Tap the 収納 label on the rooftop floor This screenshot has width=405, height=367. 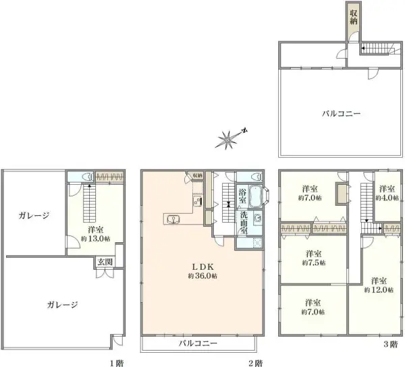coord(353,16)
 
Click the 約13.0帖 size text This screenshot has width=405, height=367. coord(92,238)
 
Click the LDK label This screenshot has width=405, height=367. coord(202,265)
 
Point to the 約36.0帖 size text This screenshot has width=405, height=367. coord(202,276)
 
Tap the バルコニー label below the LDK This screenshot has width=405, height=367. coord(198,343)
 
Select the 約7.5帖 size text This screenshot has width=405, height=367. coord(313,262)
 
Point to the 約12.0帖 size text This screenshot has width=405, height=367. coord(377,289)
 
